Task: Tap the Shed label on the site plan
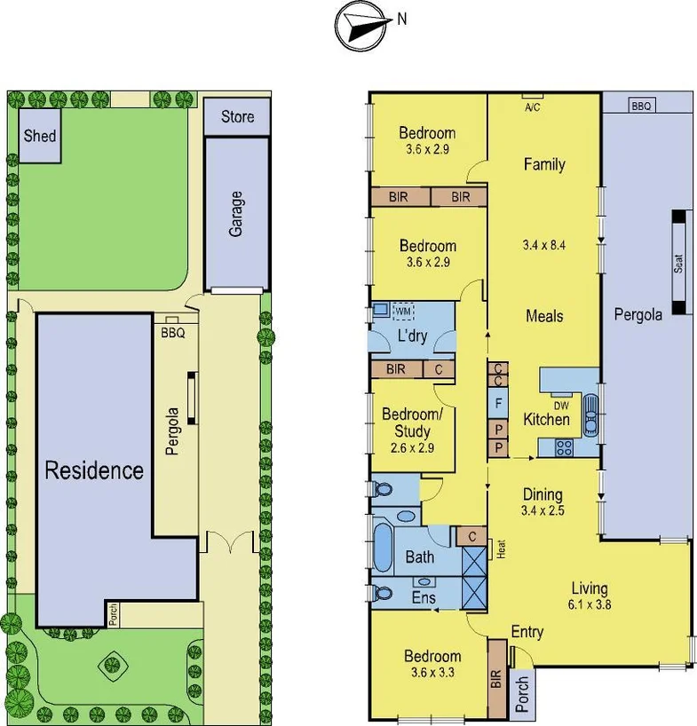pyautogui.click(x=40, y=136)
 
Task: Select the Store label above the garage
pyautogui.click(x=237, y=116)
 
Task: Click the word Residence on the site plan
pyautogui.click(x=94, y=470)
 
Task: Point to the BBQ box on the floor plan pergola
pyautogui.click(x=641, y=105)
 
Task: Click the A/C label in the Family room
pyautogui.click(x=533, y=107)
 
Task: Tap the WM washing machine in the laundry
pyautogui.click(x=403, y=312)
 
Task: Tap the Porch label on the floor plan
pyautogui.click(x=521, y=692)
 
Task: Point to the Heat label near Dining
pyautogui.click(x=500, y=548)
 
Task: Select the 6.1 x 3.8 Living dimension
pyautogui.click(x=590, y=605)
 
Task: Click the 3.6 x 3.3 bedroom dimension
pyautogui.click(x=432, y=673)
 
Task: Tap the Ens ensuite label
pyautogui.click(x=423, y=599)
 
